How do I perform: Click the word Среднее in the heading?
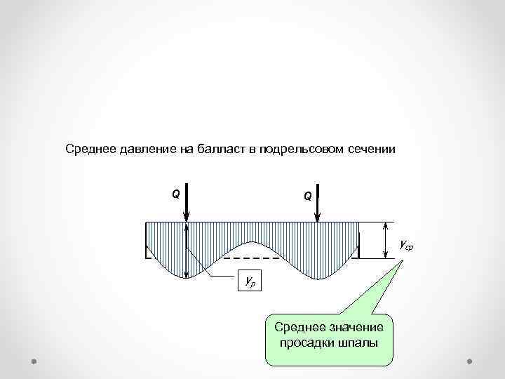click(x=88, y=149)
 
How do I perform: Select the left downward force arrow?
click(x=187, y=204)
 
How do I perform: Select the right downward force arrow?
click(x=318, y=204)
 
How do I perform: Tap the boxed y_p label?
click(x=249, y=281)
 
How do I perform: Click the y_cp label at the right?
click(x=406, y=245)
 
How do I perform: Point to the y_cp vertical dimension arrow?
click(x=385, y=240)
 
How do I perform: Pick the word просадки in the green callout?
click(x=304, y=343)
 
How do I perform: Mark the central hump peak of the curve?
click(x=252, y=243)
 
